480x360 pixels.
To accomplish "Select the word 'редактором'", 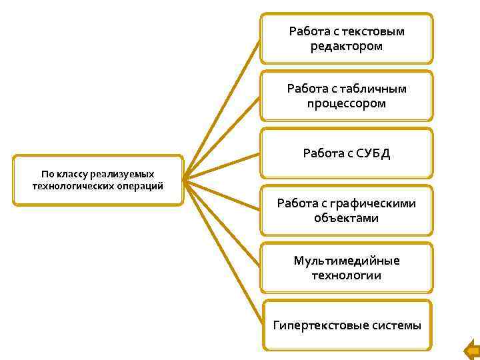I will point(347,46).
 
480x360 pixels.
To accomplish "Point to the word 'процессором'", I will point(347,103).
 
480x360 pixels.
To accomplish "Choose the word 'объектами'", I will point(347,218).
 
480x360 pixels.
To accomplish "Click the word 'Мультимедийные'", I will point(347,261).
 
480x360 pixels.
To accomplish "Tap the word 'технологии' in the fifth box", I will point(347,275).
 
